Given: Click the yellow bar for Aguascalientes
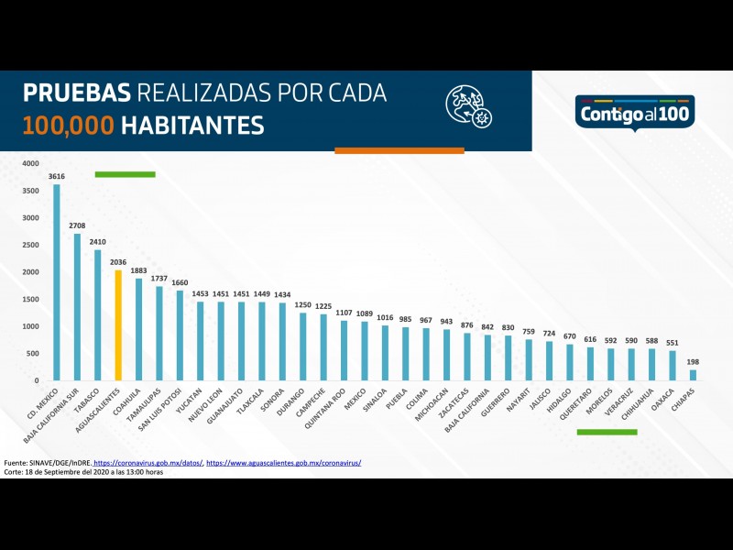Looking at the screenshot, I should point(118,324).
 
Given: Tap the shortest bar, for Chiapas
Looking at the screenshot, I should point(693,375).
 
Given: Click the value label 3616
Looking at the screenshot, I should point(57,176).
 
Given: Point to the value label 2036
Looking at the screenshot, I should point(118,262).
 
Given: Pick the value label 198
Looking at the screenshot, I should point(693,361).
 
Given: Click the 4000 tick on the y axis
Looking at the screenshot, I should point(31,164).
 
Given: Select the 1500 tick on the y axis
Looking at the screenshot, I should point(31,300).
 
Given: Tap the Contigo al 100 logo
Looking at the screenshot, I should point(635,113).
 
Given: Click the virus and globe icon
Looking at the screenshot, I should point(468,105).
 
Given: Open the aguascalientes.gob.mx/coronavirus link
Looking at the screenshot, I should point(283,463).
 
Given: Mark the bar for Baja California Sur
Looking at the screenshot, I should point(77,307).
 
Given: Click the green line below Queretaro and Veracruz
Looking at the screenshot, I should point(607,432).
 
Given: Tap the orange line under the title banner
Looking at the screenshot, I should point(399,150).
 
